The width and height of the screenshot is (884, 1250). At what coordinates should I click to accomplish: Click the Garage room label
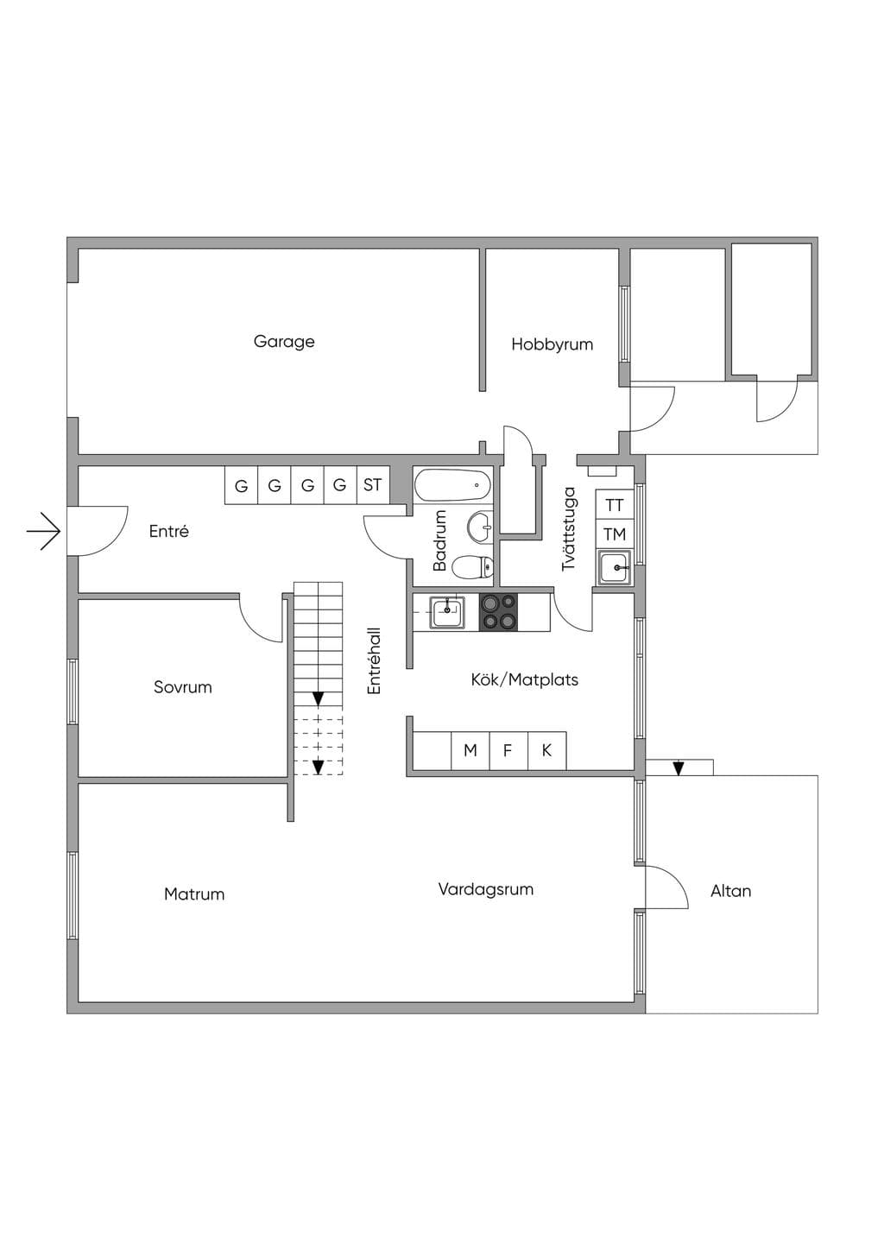pyautogui.click(x=284, y=342)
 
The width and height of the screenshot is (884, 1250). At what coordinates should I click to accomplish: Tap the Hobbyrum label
pyautogui.click(x=552, y=344)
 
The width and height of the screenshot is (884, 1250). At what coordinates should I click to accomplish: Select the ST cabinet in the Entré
pyautogui.click(x=373, y=485)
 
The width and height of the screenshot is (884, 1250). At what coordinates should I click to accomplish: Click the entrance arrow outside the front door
pyautogui.click(x=43, y=531)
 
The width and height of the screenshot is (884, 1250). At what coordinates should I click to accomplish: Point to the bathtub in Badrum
pyautogui.click(x=452, y=485)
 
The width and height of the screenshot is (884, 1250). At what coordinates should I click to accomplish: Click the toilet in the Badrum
pyautogui.click(x=473, y=568)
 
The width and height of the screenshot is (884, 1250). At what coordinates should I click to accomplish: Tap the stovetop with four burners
pyautogui.click(x=498, y=612)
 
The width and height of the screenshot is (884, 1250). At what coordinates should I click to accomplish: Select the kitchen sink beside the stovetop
pyautogui.click(x=446, y=612)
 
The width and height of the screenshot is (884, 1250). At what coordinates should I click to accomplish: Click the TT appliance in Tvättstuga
pyautogui.click(x=615, y=505)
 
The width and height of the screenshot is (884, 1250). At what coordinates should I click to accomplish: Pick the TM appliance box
pyautogui.click(x=615, y=534)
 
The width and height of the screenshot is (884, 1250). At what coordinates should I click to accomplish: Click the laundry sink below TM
pyautogui.click(x=615, y=567)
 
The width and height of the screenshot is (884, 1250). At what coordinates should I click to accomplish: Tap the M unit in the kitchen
pyautogui.click(x=470, y=750)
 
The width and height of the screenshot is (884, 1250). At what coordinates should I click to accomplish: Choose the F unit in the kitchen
pyautogui.click(x=508, y=750)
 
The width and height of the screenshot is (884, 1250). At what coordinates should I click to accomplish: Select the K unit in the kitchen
pyautogui.click(x=547, y=750)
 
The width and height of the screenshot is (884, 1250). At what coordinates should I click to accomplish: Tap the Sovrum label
pyautogui.click(x=182, y=687)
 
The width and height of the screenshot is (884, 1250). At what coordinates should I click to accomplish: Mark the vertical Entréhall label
pyautogui.click(x=374, y=660)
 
